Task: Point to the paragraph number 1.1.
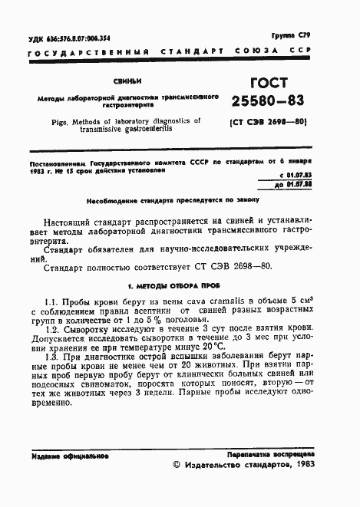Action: (53, 301)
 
